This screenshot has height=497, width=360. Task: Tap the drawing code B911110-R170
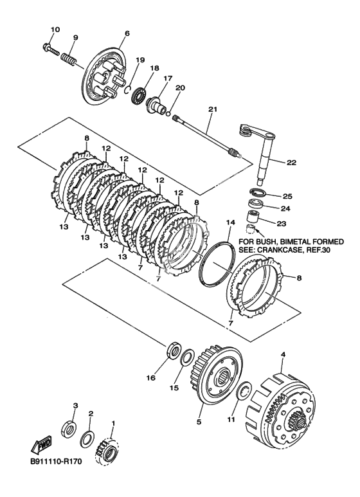(56, 470)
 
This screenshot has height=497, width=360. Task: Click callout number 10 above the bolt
(55, 30)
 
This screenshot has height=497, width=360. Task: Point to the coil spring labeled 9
(68, 59)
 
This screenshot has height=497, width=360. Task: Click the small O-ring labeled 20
(168, 113)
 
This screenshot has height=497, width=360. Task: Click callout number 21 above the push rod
(213, 109)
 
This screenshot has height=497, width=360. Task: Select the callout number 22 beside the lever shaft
(291, 163)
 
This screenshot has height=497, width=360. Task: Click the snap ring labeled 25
(258, 193)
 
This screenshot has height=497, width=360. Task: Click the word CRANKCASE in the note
(277, 249)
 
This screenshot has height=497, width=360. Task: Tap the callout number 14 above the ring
(230, 222)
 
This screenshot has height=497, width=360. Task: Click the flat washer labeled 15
(187, 357)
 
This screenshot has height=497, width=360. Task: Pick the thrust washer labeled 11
(244, 392)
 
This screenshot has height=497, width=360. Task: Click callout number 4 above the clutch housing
(283, 355)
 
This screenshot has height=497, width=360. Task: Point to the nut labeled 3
(67, 429)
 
